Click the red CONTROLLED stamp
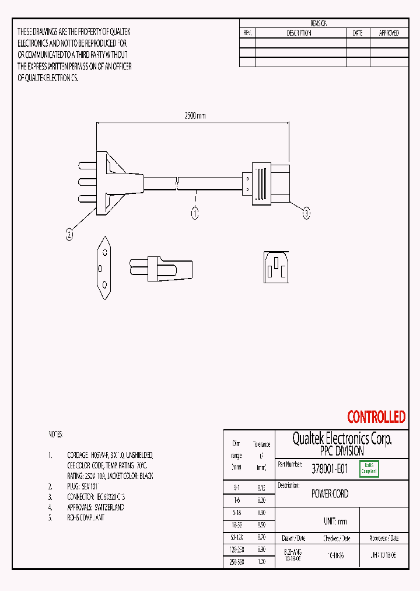(376, 417)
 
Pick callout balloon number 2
(69, 235)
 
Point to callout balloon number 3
(306, 214)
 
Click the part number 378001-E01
(330, 468)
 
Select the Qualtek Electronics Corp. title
(342, 439)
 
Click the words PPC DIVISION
(342, 451)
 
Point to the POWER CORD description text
(330, 493)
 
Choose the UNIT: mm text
(335, 522)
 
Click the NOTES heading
(55, 434)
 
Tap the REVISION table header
(318, 23)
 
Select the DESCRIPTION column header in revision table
(299, 33)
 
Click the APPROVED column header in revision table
(389, 33)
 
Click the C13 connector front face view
(276, 267)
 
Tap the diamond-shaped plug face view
(104, 267)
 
